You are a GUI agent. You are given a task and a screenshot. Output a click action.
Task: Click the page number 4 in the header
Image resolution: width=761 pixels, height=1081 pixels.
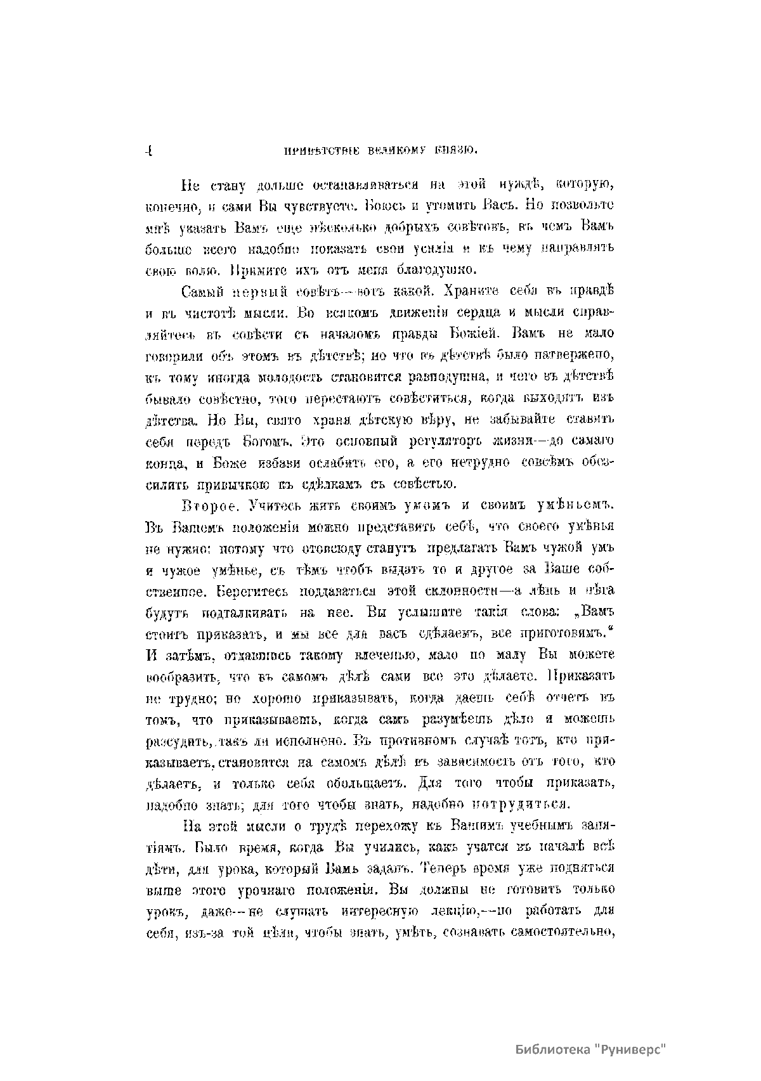[x=148, y=152]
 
